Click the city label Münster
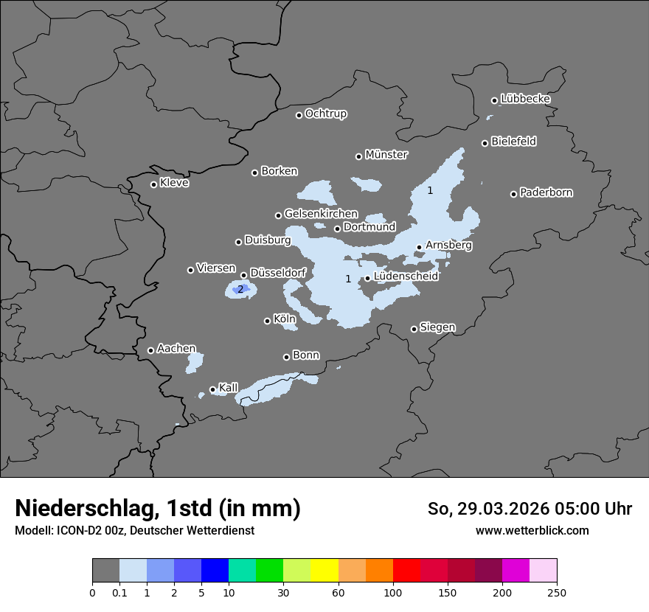tap(386, 155)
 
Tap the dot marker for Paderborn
tap(513, 194)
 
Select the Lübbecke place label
tap(525, 99)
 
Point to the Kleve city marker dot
tap(153, 184)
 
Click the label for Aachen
tap(176, 349)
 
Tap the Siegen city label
tap(437, 327)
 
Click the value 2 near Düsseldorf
tap(240, 289)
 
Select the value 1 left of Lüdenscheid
tap(349, 279)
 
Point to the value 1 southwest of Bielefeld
tap(430, 190)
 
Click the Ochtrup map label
tap(325, 114)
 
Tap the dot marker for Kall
tap(212, 389)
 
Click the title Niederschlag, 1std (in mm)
tap(158, 508)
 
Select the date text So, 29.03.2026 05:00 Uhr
tap(530, 509)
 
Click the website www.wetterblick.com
tap(532, 530)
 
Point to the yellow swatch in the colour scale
tap(324, 571)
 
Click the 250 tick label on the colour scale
tap(557, 592)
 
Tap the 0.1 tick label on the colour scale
tap(119, 592)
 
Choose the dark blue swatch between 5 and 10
tap(215, 571)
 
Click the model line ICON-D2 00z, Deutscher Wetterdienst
tap(134, 530)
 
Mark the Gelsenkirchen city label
tap(321, 214)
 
